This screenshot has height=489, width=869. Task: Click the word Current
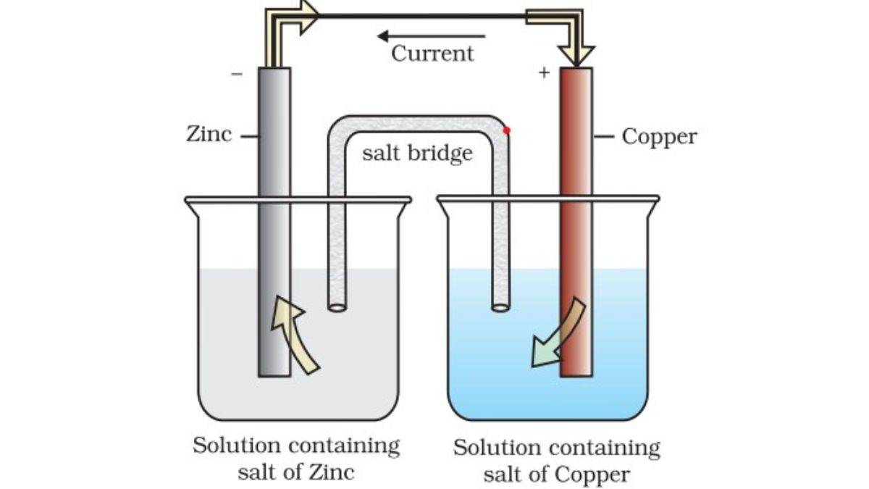coord(432,54)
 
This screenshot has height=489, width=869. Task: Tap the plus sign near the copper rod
coord(544,72)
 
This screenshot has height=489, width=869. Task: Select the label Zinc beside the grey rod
coord(209,134)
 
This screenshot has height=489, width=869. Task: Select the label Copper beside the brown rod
coord(659,136)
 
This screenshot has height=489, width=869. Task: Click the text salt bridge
coord(417,153)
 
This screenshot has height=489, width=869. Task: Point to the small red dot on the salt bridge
coord(506,130)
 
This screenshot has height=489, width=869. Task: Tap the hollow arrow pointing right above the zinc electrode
coord(304,16)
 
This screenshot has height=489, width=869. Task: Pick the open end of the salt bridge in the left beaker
coord(337,307)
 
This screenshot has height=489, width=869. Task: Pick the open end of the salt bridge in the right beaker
coord(500,307)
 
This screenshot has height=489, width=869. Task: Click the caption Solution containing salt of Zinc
coord(296,459)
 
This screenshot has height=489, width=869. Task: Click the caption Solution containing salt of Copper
coord(556,461)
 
